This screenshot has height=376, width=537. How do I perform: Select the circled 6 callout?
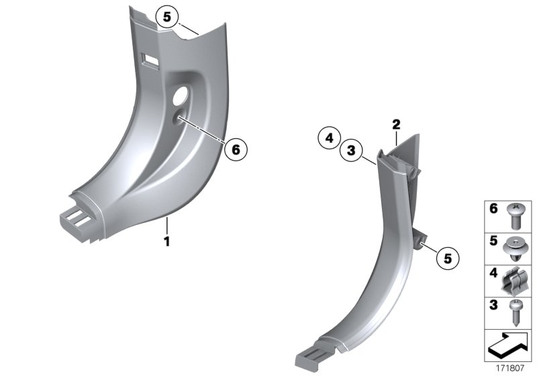[x=235, y=149]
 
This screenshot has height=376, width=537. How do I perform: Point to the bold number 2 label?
[x=396, y=124]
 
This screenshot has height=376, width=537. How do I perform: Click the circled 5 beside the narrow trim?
[x=448, y=256]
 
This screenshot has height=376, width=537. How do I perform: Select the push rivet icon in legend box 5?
[x=516, y=248]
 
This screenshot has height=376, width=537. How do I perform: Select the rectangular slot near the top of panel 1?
[x=151, y=62]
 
